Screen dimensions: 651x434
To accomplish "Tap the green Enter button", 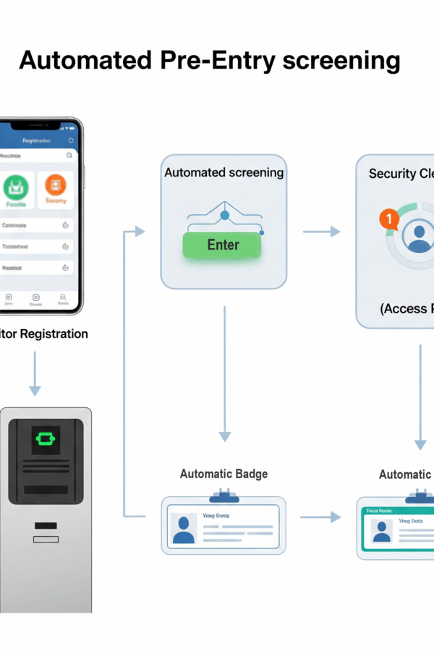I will pos(223,245).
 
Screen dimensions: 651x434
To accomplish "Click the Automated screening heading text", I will pos(224,173).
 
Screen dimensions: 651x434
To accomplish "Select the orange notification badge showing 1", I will pos(388,218).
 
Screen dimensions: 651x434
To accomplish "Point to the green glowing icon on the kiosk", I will pos(46,439).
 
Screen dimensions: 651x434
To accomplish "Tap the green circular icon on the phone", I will pos(16,187).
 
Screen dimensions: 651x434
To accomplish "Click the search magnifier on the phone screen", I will pos(69,156).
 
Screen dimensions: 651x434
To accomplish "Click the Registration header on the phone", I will pos(36,140).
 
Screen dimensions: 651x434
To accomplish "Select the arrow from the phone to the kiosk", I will pos(35,373).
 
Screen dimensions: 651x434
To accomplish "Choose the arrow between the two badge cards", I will pos(320,516).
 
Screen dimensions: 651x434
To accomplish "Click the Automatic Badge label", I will pos(224,474).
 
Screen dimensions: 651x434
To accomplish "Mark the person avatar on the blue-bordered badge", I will pos(184,529).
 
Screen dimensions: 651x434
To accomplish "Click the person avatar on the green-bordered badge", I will pos(382,531).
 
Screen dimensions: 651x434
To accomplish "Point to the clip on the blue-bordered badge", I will pos(224,495).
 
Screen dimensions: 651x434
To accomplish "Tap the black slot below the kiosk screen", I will pos(46,525).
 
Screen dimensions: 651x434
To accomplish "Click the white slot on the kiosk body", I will pos(46,539).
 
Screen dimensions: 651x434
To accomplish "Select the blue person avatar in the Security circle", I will pos(420,237).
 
